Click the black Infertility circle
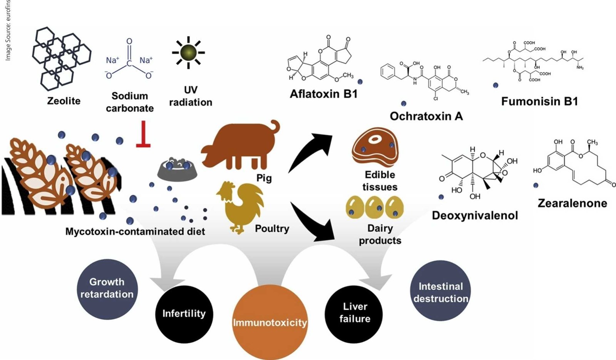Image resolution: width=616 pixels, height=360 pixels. tap(184, 314)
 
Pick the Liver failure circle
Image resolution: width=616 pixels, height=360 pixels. tap(354, 313)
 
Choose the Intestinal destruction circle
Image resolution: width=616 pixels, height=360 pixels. tap(441, 292)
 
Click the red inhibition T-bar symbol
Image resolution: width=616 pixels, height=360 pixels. tap(143, 135)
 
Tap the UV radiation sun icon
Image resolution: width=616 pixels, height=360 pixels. tap(189, 52)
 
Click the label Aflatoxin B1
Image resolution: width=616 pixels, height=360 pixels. tap(324, 94)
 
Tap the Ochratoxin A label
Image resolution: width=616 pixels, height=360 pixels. tap(426, 116)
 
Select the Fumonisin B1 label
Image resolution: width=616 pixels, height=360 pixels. tap(539, 101)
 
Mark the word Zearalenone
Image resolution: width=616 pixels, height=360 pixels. tap(572, 203)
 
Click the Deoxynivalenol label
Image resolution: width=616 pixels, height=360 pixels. tap(475, 215)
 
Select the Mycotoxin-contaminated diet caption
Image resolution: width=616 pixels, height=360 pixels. tap(135, 231)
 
